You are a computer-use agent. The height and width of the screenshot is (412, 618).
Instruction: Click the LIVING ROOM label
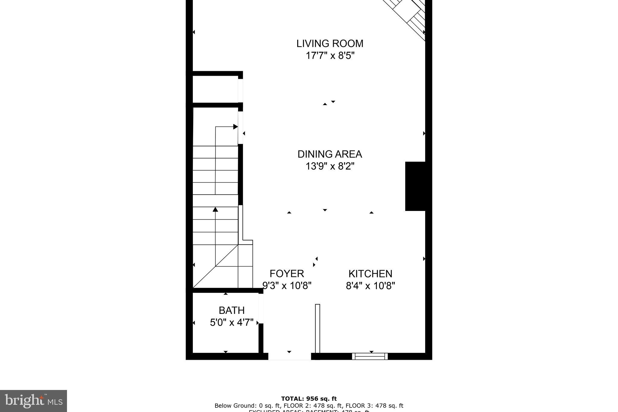pyautogui.click(x=330, y=43)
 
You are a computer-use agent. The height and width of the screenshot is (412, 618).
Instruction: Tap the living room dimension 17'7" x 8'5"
pyautogui.click(x=330, y=56)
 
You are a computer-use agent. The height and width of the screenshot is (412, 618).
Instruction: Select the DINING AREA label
pyautogui.click(x=330, y=154)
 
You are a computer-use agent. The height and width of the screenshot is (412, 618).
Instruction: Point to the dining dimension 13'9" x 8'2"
pyautogui.click(x=330, y=166)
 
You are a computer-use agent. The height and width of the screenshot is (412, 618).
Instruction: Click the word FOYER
pyautogui.click(x=287, y=274)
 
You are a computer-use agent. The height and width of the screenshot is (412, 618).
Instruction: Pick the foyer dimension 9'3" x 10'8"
pyautogui.click(x=287, y=286)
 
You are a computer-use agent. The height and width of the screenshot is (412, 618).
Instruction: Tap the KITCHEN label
pyautogui.click(x=370, y=274)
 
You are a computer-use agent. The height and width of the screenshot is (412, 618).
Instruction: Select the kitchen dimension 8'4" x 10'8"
pyautogui.click(x=370, y=286)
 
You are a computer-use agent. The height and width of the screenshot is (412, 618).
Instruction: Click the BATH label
pyautogui.click(x=231, y=310)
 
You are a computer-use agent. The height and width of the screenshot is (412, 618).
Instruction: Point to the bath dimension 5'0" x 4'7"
pyautogui.click(x=231, y=322)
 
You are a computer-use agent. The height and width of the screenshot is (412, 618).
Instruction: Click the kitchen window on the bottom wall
pyautogui.click(x=370, y=356)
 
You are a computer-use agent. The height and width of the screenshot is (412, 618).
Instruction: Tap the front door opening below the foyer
pyautogui.click(x=289, y=356)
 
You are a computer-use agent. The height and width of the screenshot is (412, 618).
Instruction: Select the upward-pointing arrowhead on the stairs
pyautogui.click(x=215, y=209)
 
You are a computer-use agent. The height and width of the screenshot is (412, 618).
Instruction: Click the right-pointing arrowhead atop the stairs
pyautogui.click(x=235, y=127)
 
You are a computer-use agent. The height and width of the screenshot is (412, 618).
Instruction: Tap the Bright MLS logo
pyautogui.click(x=33, y=401)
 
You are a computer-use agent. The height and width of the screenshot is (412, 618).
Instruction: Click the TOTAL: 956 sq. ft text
pyautogui.click(x=309, y=399)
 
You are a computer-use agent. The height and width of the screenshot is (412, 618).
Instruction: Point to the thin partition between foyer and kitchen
pyautogui.click(x=317, y=328)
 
